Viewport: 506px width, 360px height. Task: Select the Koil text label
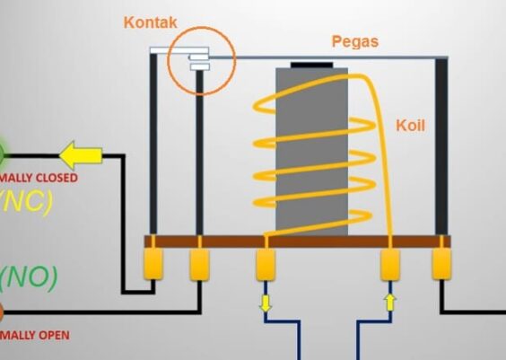410,126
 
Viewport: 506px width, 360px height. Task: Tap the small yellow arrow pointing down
266,303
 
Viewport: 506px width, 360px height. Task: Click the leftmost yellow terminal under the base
154,263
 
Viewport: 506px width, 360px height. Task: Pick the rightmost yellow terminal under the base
443,263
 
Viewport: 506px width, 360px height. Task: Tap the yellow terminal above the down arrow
266,264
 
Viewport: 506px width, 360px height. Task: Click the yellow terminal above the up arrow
390,264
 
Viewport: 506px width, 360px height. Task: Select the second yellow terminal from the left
198,263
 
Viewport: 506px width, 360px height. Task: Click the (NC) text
26,201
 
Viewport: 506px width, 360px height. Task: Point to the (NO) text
28,277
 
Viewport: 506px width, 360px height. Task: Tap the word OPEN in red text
51,336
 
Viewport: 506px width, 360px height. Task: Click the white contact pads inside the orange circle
198,62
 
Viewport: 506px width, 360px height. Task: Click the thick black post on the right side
442,144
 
